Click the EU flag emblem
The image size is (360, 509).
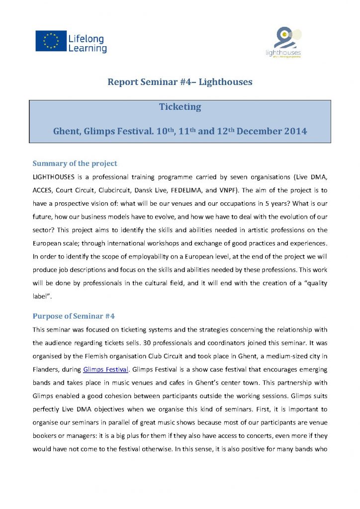click(x=51, y=41)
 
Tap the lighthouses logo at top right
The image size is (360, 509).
click(x=287, y=42)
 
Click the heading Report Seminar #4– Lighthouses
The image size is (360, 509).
click(x=180, y=82)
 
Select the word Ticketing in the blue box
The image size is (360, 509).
click(x=180, y=107)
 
